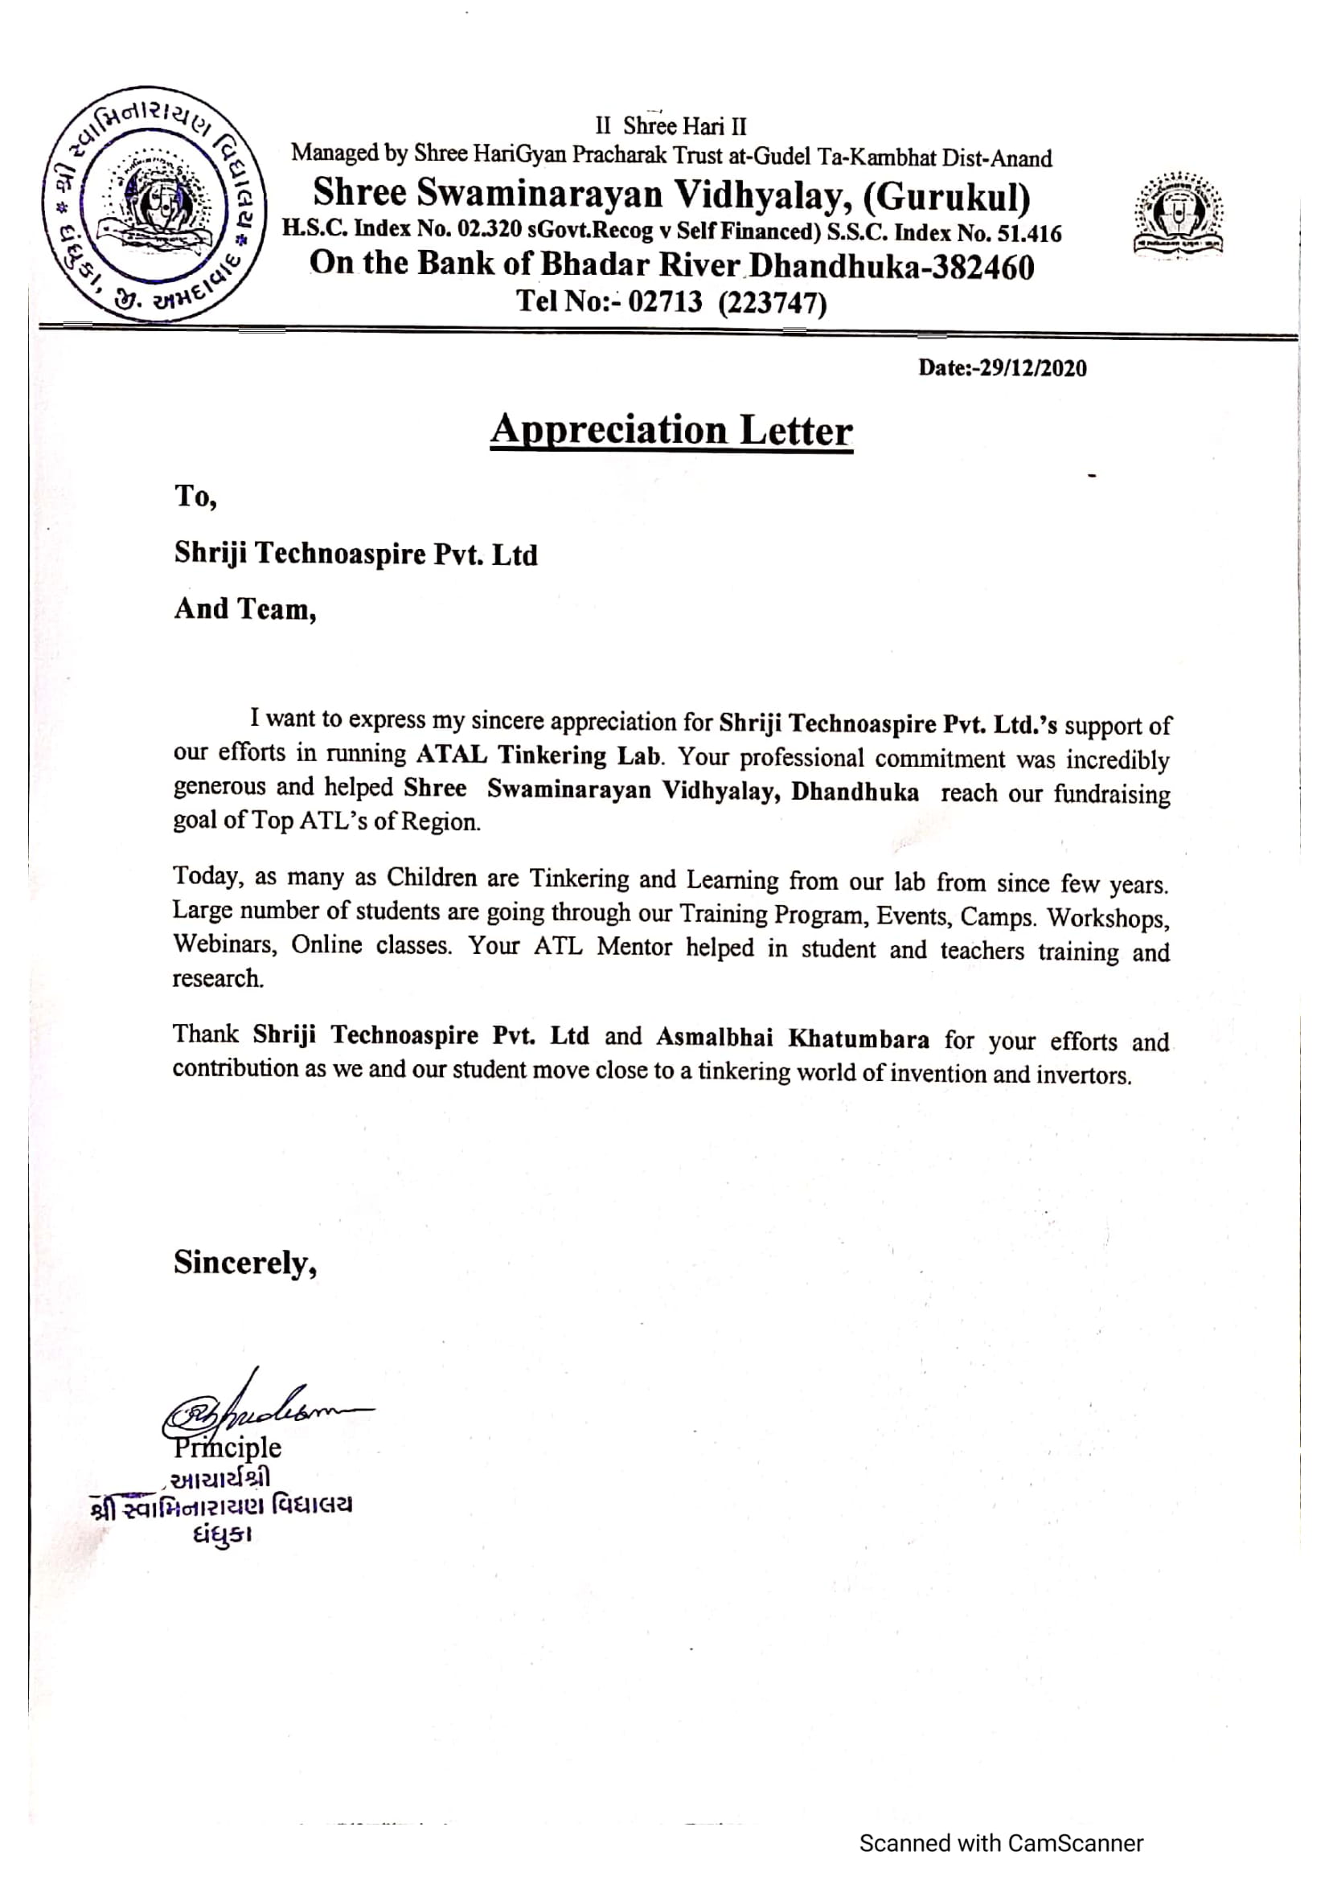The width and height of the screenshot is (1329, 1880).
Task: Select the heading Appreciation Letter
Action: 671,431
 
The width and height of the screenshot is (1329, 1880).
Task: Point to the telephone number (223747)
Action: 772,303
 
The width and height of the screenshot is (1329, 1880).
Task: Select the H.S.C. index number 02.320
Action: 490,228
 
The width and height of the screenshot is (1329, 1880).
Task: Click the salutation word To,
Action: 195,496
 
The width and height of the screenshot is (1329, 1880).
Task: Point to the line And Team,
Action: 245,609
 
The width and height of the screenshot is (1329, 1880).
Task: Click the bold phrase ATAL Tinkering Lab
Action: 538,754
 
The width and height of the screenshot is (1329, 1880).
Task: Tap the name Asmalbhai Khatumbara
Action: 792,1038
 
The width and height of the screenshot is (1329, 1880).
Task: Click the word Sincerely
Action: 244,1263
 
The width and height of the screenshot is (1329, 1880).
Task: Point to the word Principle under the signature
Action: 228,1448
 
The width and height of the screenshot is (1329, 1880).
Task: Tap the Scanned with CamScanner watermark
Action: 1001,1843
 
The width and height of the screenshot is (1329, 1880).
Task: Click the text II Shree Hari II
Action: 671,126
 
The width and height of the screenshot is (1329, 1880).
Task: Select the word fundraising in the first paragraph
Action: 1111,794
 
